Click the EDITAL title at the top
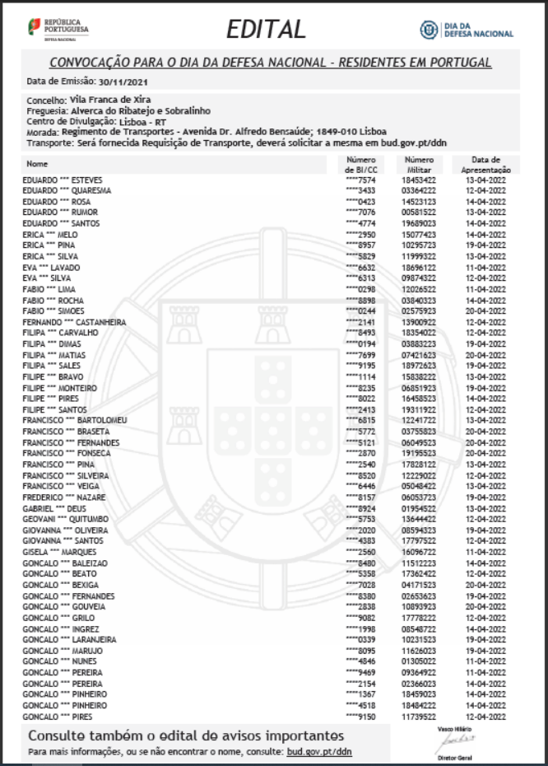[x=266, y=30]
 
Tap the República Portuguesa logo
[x=58, y=29]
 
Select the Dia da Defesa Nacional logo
[x=467, y=30]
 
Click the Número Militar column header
[x=420, y=165]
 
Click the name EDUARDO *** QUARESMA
[x=67, y=190]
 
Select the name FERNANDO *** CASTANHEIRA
[x=74, y=322]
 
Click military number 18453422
[x=419, y=180]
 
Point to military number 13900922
[x=419, y=322]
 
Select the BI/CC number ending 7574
[x=361, y=180]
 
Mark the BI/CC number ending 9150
[x=361, y=717]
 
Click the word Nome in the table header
[x=38, y=164]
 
